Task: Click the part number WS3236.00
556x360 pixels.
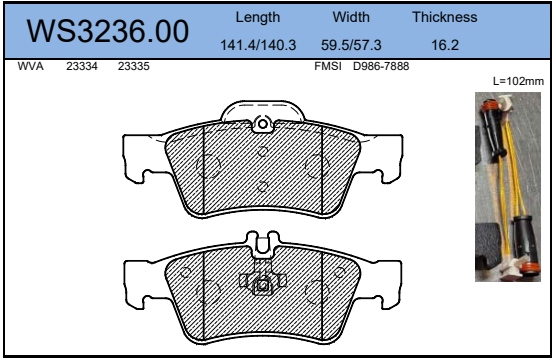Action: [107, 31]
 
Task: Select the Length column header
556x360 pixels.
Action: [258, 17]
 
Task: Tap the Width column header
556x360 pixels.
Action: [351, 17]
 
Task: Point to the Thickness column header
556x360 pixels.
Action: [445, 17]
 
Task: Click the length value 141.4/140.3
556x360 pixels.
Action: [258, 45]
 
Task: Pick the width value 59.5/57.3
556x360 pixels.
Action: [351, 45]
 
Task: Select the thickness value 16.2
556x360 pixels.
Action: [445, 45]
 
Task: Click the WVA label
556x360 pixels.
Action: [30, 66]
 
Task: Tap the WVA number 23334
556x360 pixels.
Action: [82, 66]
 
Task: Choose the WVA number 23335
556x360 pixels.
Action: [134, 66]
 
